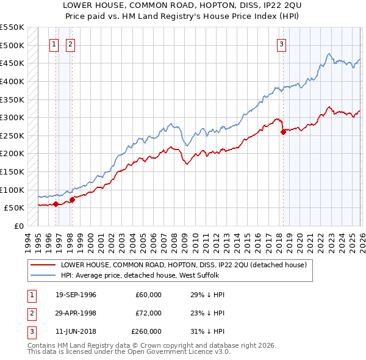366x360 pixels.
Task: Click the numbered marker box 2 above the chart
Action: tap(71, 44)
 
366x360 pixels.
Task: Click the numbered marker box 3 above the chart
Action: tap(281, 44)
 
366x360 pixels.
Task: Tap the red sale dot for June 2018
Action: tap(282, 132)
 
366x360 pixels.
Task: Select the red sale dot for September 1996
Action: tap(56, 204)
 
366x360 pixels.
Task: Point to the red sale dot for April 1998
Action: tap(72, 199)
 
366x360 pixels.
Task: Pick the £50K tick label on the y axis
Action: tap(15, 208)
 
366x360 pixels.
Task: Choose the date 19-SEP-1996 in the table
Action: tap(76, 295)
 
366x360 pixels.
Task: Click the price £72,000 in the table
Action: tap(148, 313)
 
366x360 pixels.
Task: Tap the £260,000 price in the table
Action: tap(146, 331)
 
